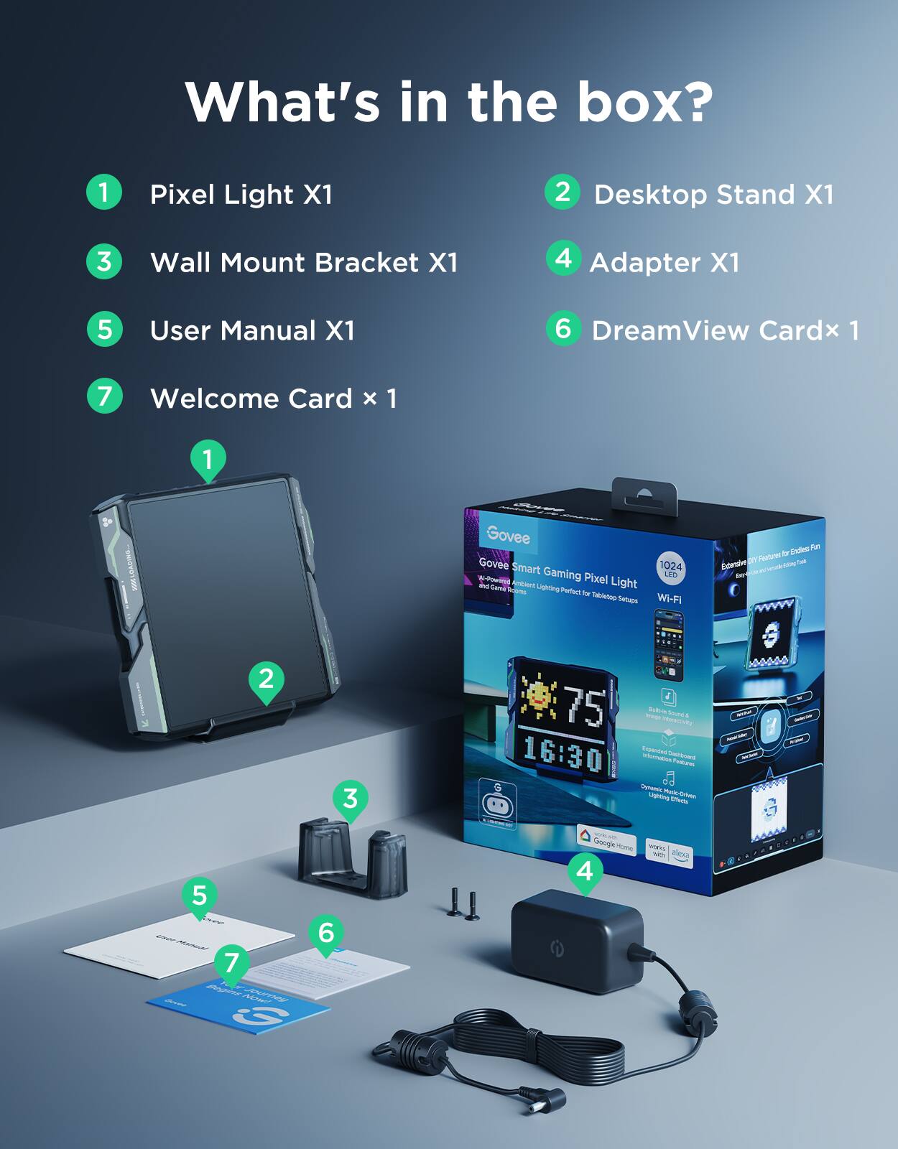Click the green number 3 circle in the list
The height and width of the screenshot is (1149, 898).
coord(104,261)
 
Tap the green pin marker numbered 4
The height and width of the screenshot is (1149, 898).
coord(585,871)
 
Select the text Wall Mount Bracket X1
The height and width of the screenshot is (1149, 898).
coord(303,263)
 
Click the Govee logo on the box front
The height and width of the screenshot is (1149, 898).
coord(508,535)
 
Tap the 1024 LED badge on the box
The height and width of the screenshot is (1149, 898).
coord(670,569)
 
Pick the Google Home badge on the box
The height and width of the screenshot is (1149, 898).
coord(606,839)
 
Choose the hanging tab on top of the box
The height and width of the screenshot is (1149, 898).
coord(644,496)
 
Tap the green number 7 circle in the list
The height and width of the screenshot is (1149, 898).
coord(104,396)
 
